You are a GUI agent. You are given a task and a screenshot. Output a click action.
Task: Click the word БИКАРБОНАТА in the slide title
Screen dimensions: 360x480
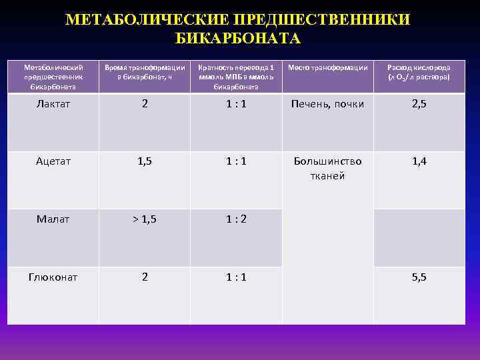point(238,39)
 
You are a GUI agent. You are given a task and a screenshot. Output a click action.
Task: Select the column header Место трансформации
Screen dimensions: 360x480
point(327,68)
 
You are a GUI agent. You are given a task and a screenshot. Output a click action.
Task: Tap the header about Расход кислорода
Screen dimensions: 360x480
point(419,73)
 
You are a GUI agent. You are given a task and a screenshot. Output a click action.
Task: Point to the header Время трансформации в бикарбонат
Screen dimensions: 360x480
point(144,73)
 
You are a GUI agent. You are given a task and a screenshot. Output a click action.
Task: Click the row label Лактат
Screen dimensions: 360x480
point(53,105)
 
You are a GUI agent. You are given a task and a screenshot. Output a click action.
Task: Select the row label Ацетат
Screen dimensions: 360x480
point(53,161)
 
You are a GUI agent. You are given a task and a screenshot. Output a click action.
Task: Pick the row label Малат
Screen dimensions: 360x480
point(53,219)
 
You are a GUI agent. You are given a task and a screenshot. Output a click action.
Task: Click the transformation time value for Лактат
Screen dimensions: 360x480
point(144,104)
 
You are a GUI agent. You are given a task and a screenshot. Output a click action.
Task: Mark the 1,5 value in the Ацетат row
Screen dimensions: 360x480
point(144,161)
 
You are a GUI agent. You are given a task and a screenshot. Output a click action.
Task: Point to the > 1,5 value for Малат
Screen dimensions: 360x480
point(144,218)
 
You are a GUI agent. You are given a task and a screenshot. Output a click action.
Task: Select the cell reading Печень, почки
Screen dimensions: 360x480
point(327,105)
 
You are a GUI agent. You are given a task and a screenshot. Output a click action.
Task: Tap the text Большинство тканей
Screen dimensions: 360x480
point(327,168)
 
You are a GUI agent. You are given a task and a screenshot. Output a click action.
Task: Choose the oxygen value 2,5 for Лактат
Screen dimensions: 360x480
point(419,105)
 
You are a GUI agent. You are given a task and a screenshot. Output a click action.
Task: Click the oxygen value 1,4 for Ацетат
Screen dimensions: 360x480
point(419,161)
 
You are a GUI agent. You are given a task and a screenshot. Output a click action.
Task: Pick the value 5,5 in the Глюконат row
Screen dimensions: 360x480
point(419,277)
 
